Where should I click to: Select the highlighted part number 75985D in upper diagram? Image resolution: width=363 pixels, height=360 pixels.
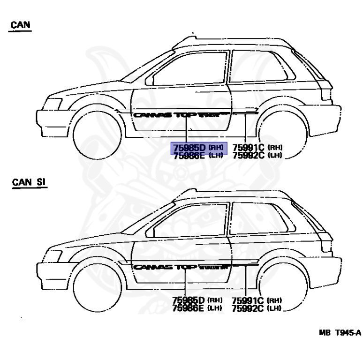pyautogui.click(x=189, y=148)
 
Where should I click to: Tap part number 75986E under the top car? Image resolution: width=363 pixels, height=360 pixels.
pyautogui.click(x=189, y=156)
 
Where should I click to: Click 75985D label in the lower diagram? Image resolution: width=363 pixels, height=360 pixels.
pyautogui.click(x=189, y=300)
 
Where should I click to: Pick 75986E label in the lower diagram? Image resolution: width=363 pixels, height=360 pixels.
pyautogui.click(x=189, y=308)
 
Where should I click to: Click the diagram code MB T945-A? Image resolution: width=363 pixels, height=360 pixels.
pyautogui.click(x=340, y=333)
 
